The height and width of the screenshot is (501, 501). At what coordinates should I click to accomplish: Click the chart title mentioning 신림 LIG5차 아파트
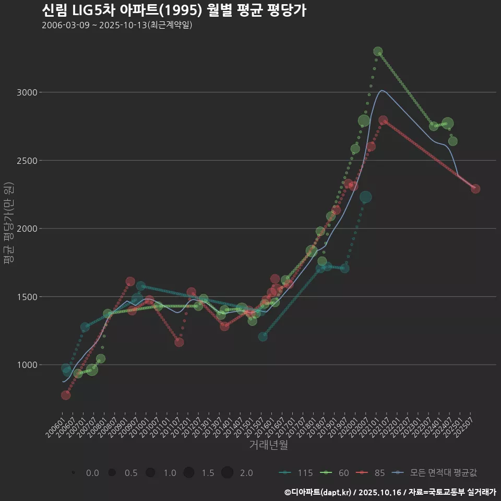[174, 10]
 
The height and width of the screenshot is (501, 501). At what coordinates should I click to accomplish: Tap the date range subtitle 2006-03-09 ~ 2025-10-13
[117, 25]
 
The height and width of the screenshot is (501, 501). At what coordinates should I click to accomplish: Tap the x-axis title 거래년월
[268, 445]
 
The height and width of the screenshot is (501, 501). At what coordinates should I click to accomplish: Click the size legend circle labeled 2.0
[227, 473]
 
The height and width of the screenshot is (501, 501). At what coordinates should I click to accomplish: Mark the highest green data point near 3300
[378, 52]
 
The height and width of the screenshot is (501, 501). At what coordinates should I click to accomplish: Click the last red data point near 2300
[475, 189]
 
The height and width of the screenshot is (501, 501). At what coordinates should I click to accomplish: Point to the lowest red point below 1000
[66, 395]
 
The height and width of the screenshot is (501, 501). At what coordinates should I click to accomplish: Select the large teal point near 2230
[366, 197]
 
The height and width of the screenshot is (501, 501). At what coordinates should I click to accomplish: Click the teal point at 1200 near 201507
[263, 337]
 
